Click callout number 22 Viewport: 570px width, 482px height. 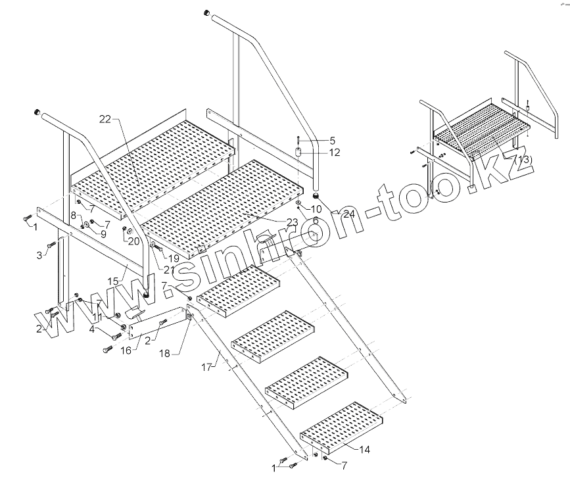[106, 119]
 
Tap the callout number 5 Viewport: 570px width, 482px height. [332, 140]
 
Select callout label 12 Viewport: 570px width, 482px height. [335, 153]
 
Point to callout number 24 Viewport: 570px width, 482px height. [348, 213]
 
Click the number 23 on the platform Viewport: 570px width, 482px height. [292, 222]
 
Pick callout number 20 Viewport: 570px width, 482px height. [134, 241]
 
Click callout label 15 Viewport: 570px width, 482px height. [113, 281]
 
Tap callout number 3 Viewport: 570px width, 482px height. [39, 254]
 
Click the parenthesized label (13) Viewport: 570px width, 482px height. [523, 160]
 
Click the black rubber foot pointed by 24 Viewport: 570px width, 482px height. [316, 195]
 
